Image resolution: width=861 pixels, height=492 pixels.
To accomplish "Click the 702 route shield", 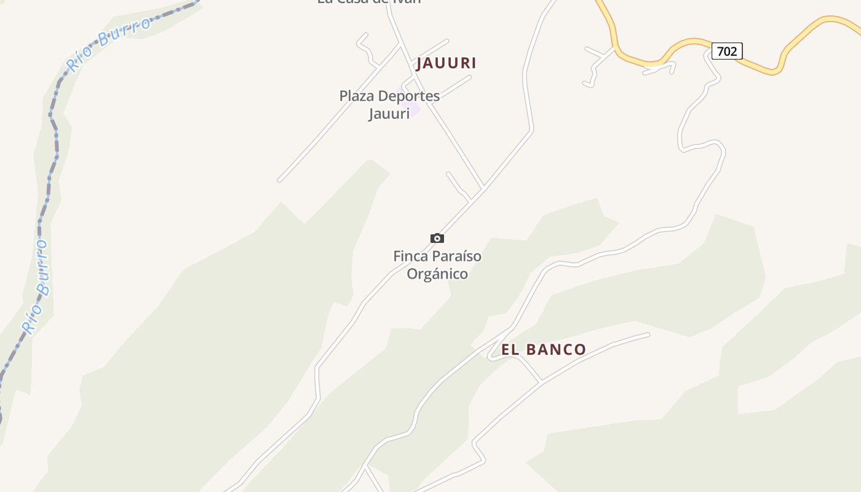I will point(727,51).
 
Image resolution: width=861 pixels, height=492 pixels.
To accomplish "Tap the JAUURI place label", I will point(446,63).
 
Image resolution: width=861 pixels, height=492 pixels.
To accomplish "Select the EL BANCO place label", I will point(544,350).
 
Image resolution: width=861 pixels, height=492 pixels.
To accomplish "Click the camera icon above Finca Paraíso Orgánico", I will point(437,238).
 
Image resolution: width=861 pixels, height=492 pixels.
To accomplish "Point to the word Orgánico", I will point(437,274).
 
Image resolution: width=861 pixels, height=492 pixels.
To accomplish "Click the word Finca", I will point(410,256).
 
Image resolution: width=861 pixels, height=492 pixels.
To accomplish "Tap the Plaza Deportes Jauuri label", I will point(389,105).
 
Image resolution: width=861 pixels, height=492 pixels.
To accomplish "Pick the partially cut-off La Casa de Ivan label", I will point(369,2).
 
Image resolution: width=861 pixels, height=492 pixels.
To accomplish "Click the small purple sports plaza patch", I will point(413,109).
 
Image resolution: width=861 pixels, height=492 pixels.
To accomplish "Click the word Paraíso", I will point(457,256).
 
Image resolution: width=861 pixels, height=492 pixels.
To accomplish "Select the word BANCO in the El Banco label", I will point(556,350).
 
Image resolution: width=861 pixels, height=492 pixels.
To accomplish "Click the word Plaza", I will point(356,96).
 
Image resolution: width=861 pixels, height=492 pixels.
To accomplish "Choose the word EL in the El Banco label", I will point(510,350).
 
